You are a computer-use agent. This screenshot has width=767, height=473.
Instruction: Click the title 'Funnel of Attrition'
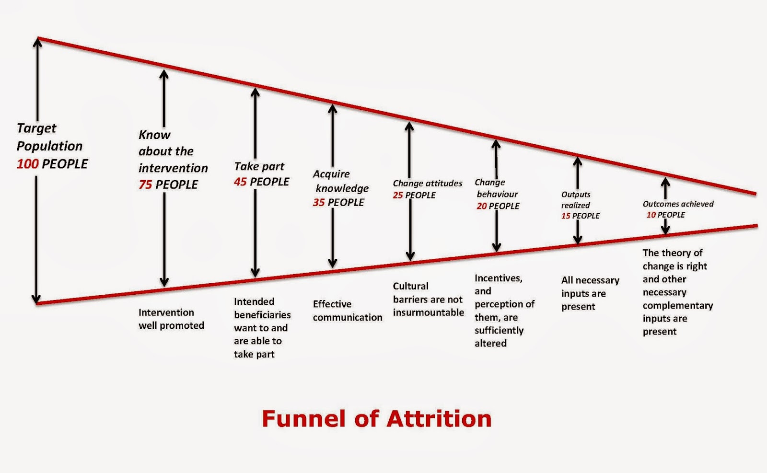pyautogui.click(x=377, y=418)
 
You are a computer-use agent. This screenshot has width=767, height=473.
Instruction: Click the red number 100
pyautogui.click(x=27, y=164)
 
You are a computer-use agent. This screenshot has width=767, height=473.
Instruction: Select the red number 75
pyautogui.click(x=145, y=185)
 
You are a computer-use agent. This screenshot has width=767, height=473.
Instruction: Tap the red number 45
pyautogui.click(x=240, y=182)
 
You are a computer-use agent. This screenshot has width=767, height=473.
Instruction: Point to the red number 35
pyautogui.click(x=319, y=202)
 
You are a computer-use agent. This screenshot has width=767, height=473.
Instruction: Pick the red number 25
pyautogui.click(x=398, y=195)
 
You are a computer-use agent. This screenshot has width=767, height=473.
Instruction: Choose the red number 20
pyautogui.click(x=481, y=206)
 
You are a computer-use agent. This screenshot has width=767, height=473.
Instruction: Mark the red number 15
pyautogui.click(x=566, y=216)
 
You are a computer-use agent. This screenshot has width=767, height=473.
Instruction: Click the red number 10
pyautogui.click(x=651, y=215)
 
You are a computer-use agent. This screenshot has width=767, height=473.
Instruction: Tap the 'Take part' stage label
pyautogui.click(x=259, y=166)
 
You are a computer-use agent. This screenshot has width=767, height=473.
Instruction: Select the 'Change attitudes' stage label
pyautogui.click(x=428, y=183)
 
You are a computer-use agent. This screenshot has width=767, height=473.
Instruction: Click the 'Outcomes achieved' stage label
pyautogui.click(x=678, y=204)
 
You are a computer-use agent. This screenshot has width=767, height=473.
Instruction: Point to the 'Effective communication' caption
pyautogui.click(x=348, y=311)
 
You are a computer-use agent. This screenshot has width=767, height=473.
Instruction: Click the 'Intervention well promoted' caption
pyautogui.click(x=171, y=319)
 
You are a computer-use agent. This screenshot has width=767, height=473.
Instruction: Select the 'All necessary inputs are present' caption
pyautogui.click(x=590, y=293)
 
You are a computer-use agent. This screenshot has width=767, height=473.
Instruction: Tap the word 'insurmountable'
pyautogui.click(x=429, y=312)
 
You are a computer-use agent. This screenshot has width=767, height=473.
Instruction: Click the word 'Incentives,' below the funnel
pyautogui.click(x=498, y=278)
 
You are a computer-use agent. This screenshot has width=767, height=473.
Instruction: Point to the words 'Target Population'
pyautogui.click(x=49, y=137)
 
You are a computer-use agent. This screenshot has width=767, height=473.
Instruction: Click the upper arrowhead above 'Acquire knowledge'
pyautogui.click(x=332, y=108)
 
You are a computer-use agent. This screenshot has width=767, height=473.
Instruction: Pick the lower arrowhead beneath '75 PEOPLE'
pyautogui.click(x=164, y=283)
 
